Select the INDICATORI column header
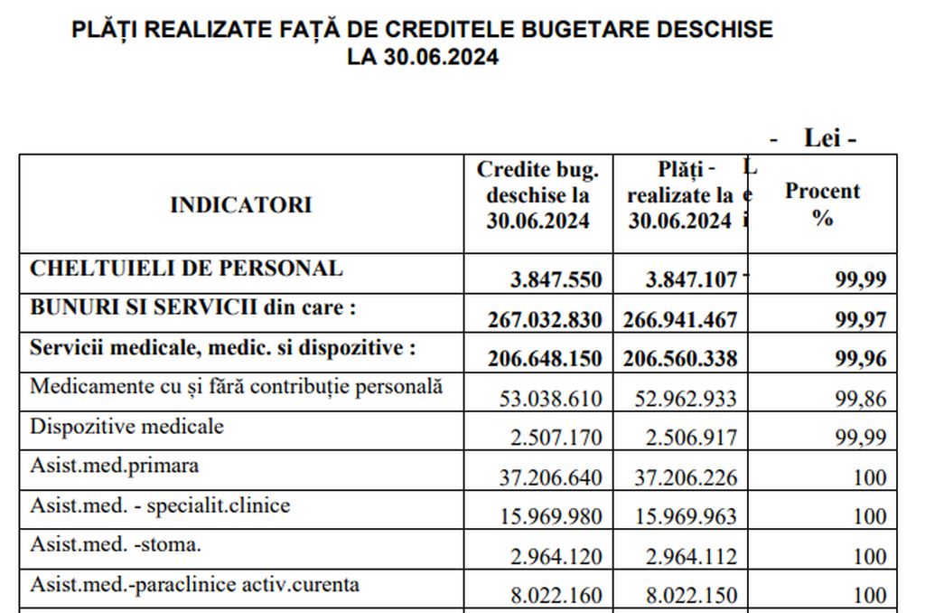tap(240, 204)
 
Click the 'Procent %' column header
tap(822, 204)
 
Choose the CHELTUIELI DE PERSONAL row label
tap(186, 269)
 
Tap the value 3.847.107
tap(691, 280)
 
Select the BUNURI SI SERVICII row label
tap(193, 307)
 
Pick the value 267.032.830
tap(545, 319)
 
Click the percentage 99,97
tap(861, 319)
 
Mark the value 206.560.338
tap(680, 358)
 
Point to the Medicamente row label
tap(237, 386)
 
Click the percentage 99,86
tap(861, 398)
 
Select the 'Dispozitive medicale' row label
tap(126, 425)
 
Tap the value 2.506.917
tap(691, 438)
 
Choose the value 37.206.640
tap(551, 477)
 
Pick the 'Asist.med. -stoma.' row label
tap(116, 544)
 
